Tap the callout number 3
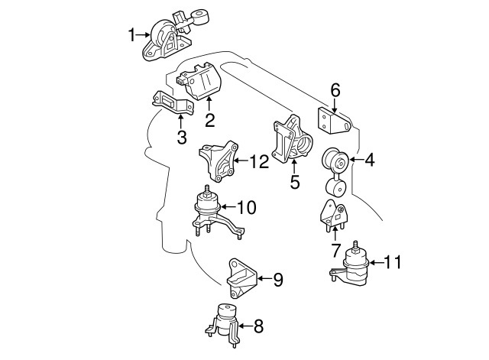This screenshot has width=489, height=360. tap(181, 138)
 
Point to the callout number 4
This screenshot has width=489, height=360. tap(369, 161)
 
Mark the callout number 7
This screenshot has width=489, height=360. tap(335, 249)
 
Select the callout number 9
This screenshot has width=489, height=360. tap(277, 281)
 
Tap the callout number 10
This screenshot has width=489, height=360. tap(246, 206)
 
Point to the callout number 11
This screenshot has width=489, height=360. tap(392, 262)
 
